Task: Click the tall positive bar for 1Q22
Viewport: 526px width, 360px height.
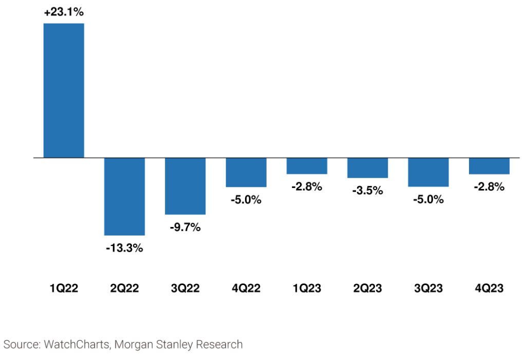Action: pos(64,90)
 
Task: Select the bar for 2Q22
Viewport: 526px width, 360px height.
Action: pos(124,196)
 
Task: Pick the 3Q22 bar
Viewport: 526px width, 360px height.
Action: pos(185,186)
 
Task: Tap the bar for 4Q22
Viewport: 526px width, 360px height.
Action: pos(246,172)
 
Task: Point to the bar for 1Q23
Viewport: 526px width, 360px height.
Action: pos(307,166)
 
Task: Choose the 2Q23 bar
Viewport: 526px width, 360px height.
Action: pos(368,168)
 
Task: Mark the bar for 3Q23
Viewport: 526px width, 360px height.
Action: pos(428,172)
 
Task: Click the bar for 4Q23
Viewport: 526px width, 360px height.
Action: pos(490,166)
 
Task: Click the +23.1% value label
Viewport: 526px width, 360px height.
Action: pos(64,12)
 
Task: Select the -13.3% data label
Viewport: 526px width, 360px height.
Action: pos(124,248)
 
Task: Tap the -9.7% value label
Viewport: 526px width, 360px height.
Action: pos(185,227)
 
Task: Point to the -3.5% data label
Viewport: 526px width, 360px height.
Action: pos(368,191)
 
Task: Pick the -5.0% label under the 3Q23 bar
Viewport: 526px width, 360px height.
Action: pos(428,199)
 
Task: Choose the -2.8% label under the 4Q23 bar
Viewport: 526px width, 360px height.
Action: pos(490,186)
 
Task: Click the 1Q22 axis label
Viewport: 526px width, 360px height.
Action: pos(64,288)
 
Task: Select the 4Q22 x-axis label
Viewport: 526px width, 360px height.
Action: pos(246,288)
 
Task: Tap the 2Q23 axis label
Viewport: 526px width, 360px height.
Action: pos(368,288)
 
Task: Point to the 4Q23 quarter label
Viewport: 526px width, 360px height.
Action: pos(490,288)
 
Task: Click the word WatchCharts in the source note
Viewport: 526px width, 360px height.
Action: pos(77,345)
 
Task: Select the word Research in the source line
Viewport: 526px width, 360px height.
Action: pos(219,345)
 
